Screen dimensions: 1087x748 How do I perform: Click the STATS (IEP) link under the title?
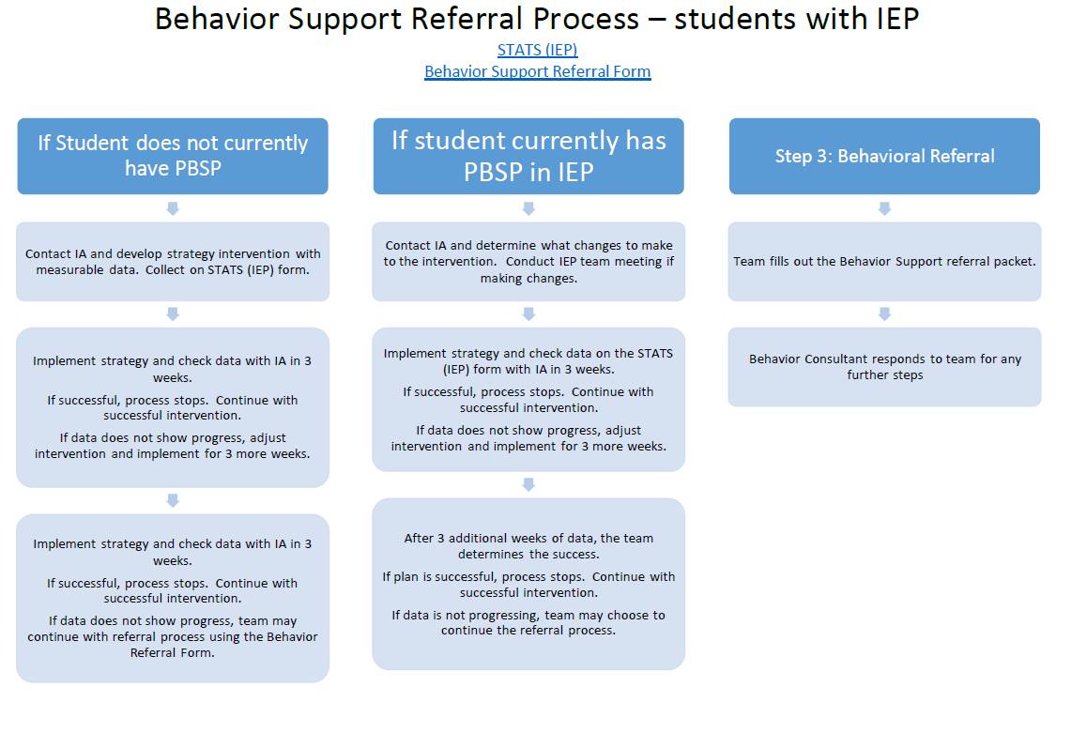point(537,50)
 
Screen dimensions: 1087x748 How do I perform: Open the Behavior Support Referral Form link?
point(537,71)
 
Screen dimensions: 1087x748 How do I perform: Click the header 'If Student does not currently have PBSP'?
point(173,156)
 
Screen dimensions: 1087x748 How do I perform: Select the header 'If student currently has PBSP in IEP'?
point(528,156)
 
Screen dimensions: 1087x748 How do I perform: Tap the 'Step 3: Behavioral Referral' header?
point(884,156)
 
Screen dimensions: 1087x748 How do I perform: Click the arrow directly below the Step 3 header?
point(884,208)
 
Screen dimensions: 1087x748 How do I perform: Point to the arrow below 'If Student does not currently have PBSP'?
point(173,208)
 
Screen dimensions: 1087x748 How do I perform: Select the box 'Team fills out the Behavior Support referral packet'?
point(884,261)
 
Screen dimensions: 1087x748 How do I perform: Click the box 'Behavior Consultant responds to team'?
point(884,367)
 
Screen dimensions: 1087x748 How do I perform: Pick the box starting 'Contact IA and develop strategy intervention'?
point(173,261)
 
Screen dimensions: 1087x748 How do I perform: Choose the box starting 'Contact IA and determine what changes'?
point(528,261)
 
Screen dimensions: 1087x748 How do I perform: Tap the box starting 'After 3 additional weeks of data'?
point(528,584)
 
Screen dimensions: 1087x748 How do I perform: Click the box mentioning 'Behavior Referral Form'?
point(173,598)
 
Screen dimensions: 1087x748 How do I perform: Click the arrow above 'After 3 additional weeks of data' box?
point(528,484)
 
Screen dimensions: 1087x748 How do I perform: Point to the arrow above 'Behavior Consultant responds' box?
point(884,314)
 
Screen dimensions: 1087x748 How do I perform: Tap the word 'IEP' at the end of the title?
point(897,19)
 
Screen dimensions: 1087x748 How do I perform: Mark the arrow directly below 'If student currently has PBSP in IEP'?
point(528,208)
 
